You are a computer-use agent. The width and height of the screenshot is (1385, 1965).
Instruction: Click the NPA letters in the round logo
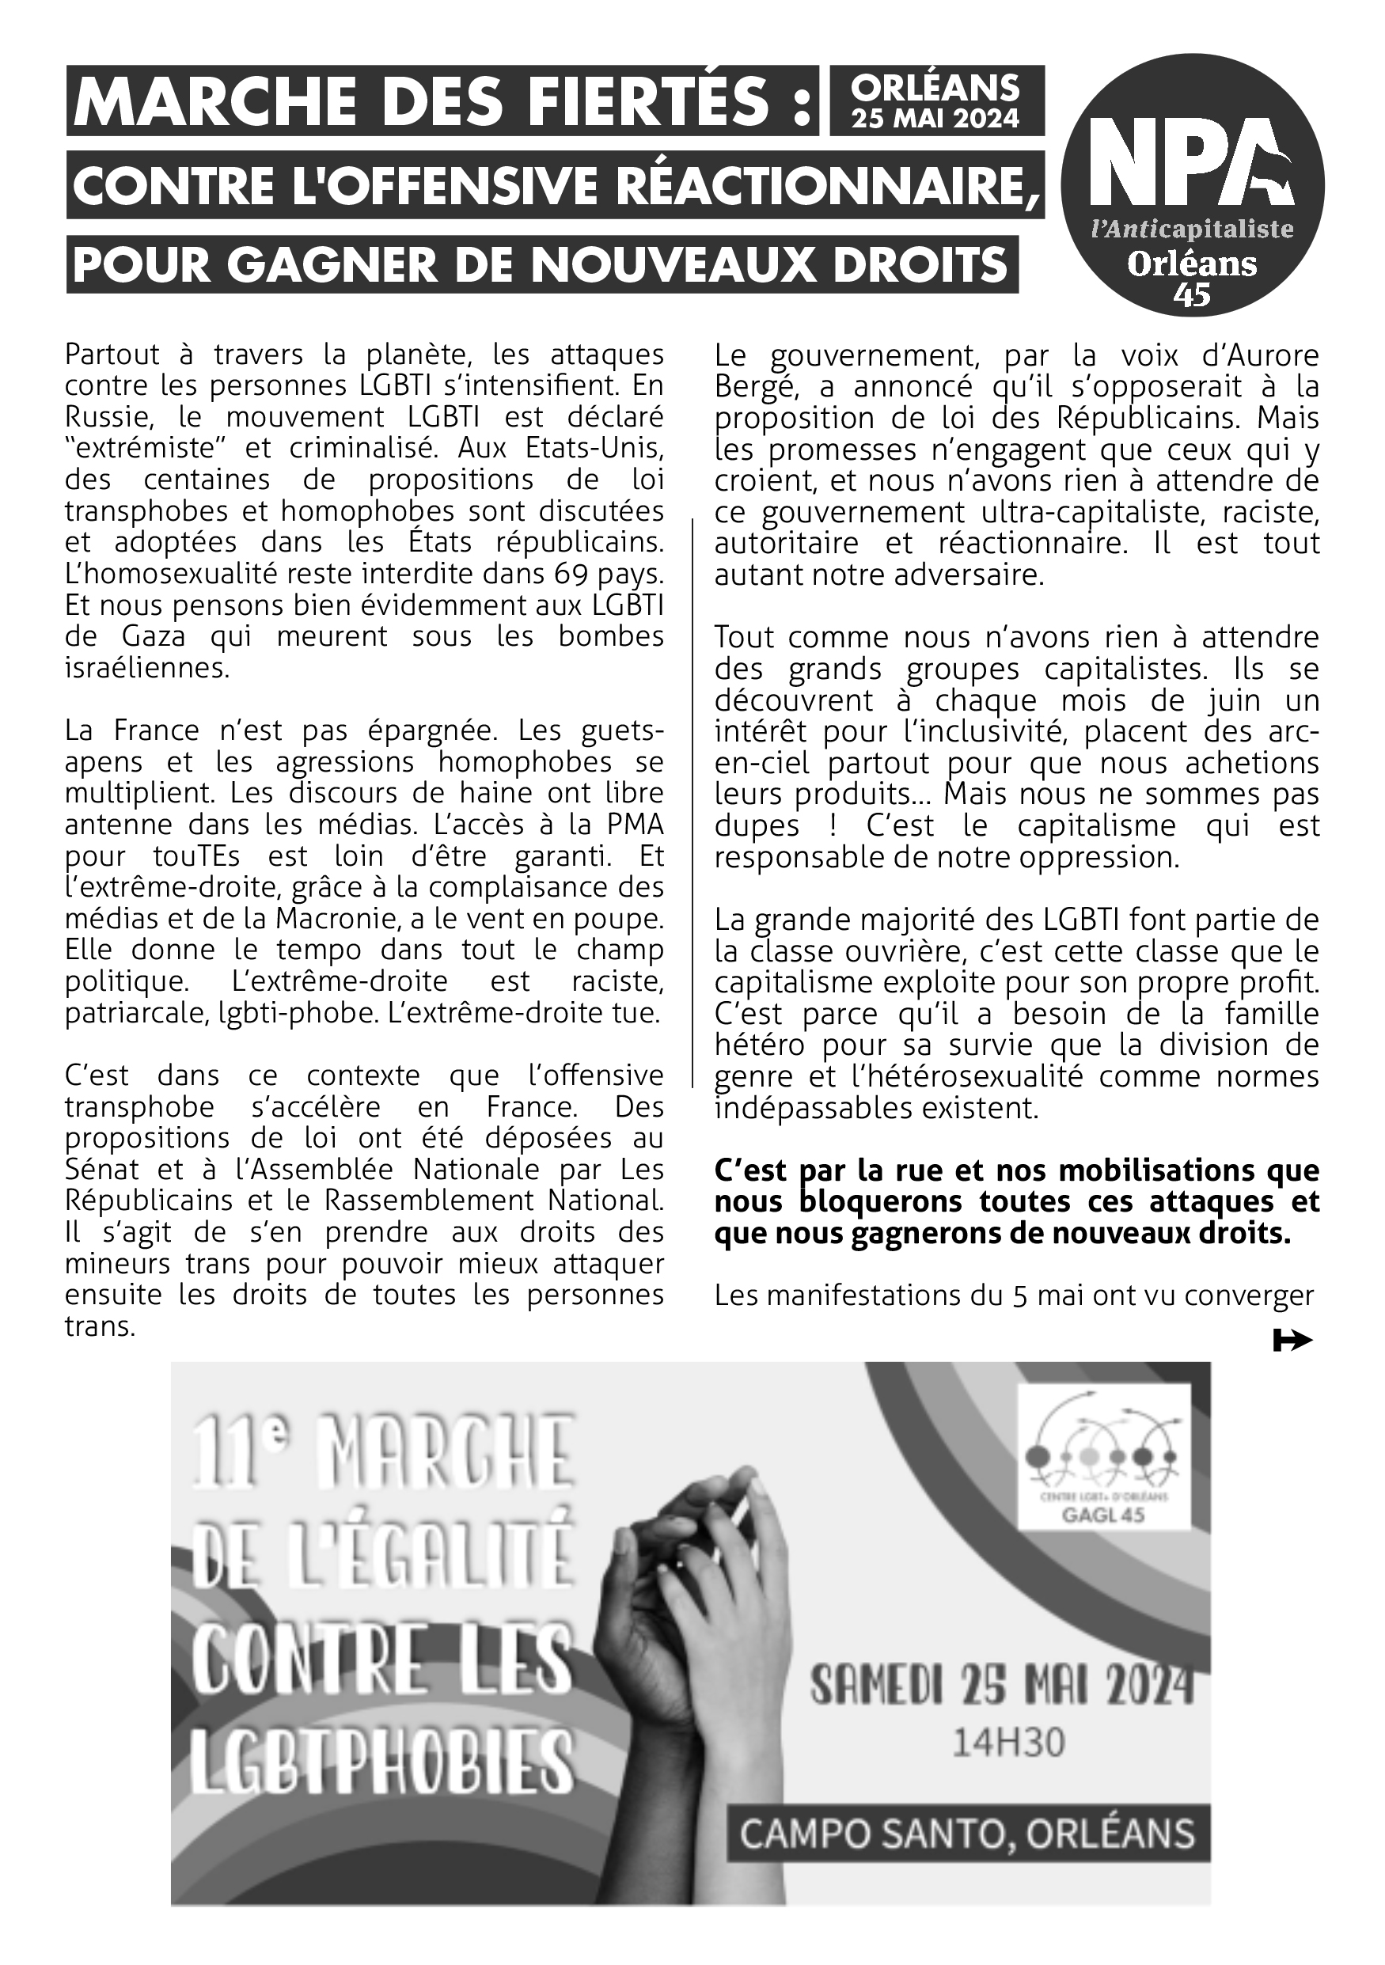pos(1192,167)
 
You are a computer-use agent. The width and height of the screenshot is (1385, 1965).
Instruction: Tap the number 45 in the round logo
pos(1192,294)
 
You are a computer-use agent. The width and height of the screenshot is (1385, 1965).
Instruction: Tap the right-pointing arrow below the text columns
pos(1292,1341)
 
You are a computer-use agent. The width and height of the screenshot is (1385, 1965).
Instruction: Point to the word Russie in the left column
pos(102,418)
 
